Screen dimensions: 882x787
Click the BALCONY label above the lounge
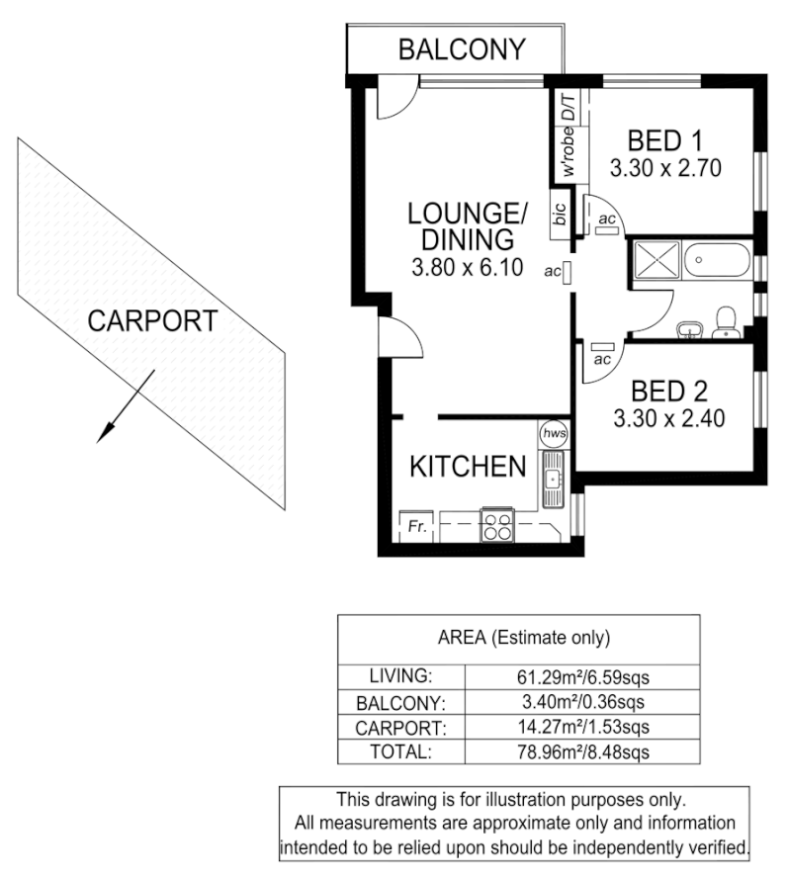tap(462, 48)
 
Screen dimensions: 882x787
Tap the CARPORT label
tap(151, 320)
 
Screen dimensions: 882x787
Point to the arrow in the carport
tap(125, 405)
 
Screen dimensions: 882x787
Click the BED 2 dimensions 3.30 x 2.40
tap(669, 418)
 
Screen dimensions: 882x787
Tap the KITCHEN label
tap(468, 467)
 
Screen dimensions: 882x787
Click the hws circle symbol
tap(552, 433)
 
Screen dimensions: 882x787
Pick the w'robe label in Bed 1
tap(568, 152)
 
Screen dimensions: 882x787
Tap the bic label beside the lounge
tap(560, 216)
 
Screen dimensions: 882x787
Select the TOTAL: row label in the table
tap(400, 751)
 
